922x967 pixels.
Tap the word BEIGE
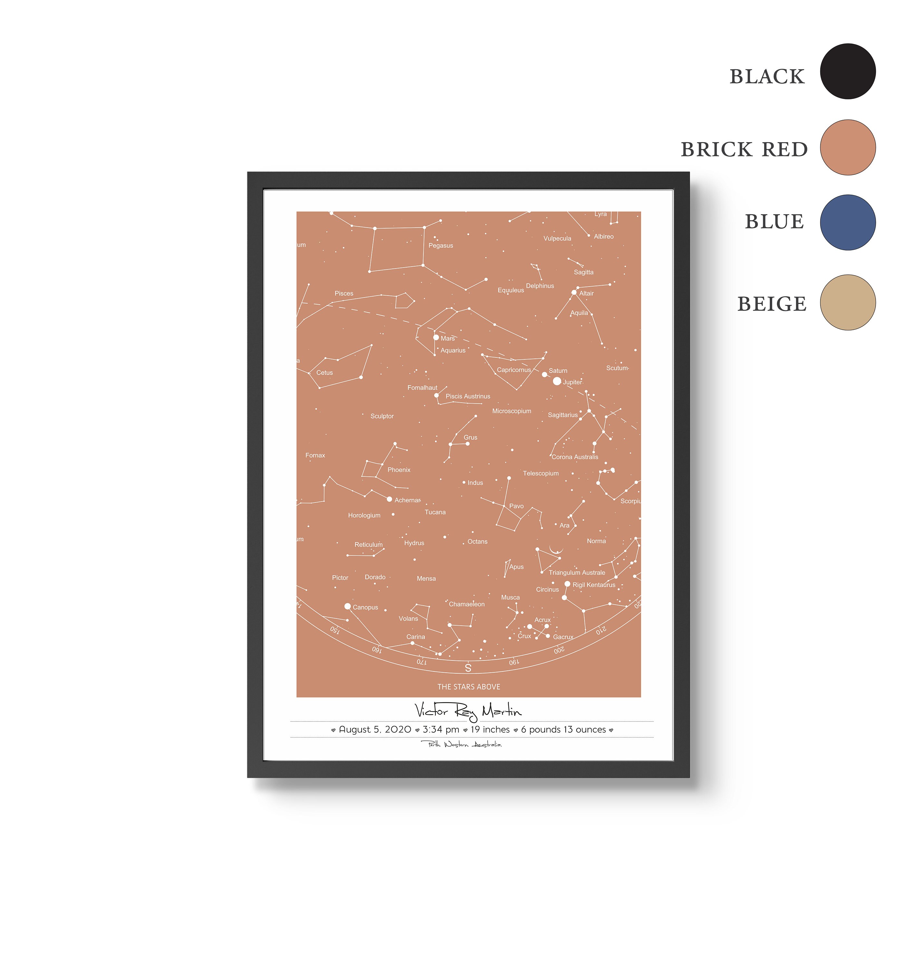point(772,304)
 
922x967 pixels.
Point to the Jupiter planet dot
point(557,381)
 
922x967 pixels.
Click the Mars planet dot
point(436,337)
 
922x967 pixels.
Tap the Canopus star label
point(365,608)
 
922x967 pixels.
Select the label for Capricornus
point(514,370)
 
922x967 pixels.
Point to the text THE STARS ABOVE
point(468,687)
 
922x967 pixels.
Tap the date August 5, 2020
point(374,729)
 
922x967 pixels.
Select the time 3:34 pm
point(441,729)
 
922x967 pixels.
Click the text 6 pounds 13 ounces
point(563,729)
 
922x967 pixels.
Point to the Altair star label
point(586,294)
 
